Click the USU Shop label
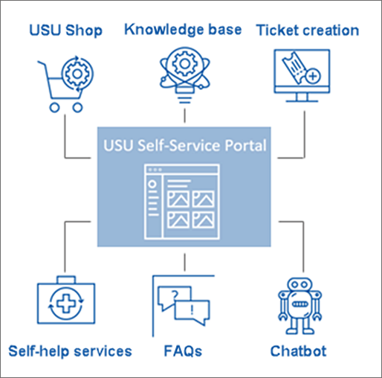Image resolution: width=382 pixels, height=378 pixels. tap(65, 31)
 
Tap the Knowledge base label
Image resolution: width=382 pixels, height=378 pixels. tap(183, 30)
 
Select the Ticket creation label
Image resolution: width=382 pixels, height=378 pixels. tap(307, 31)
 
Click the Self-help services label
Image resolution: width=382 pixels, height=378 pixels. tap(70, 350)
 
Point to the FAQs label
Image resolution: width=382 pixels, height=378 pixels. tap(183, 350)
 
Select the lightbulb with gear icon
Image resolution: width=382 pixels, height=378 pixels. tap(183, 75)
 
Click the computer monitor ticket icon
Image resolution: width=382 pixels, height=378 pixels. tap(301, 77)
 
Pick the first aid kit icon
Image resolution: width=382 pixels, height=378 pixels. tap(66, 304)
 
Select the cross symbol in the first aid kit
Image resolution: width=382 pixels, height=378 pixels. tap(67, 307)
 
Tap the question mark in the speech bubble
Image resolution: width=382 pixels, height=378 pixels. tap(174, 295)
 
